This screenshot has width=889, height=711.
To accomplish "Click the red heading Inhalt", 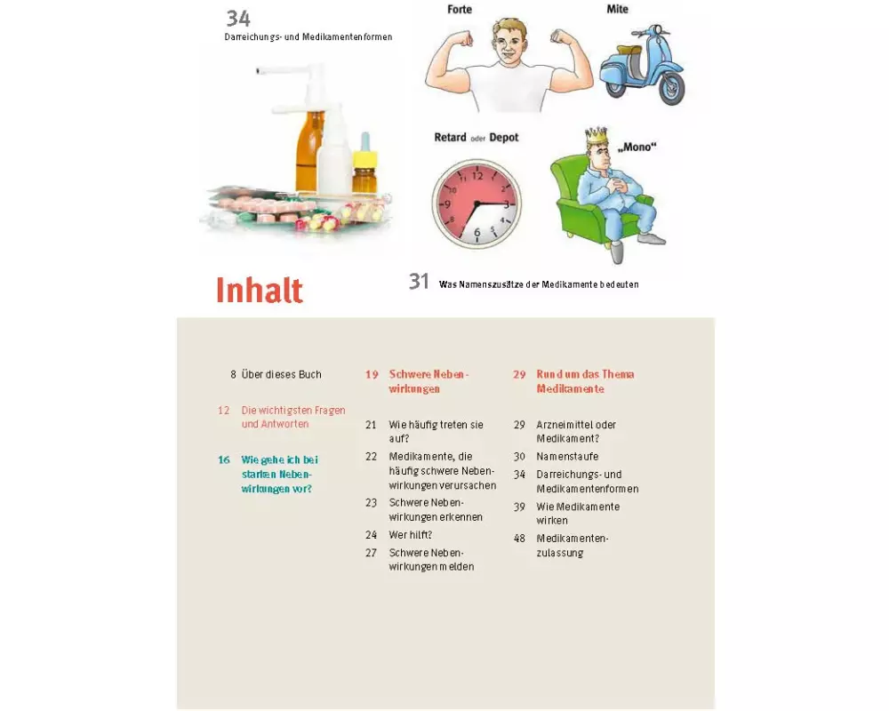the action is click(x=259, y=291).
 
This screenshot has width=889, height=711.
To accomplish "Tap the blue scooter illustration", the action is click(x=642, y=64).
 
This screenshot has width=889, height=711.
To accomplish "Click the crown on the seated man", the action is click(x=596, y=136).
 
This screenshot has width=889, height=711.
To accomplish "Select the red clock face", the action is click(x=477, y=204).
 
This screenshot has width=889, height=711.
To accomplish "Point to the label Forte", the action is click(x=460, y=9).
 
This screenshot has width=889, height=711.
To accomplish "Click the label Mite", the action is click(x=618, y=9).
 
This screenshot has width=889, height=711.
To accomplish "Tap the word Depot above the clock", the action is click(x=504, y=137).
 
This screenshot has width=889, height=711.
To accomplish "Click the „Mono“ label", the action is click(x=637, y=148).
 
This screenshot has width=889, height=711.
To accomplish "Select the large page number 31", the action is click(x=419, y=281).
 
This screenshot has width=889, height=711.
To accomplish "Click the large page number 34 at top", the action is click(x=238, y=19).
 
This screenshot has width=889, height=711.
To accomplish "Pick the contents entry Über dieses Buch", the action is click(x=281, y=374).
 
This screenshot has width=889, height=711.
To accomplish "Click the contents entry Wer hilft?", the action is click(x=411, y=535).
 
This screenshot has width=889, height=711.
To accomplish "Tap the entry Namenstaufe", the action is click(x=567, y=457).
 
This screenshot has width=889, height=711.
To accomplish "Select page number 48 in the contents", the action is click(x=519, y=539).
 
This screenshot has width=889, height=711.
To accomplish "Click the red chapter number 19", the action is click(x=372, y=375).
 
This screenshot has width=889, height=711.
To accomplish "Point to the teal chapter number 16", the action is click(x=224, y=459).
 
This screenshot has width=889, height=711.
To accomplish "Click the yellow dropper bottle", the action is click(x=364, y=164).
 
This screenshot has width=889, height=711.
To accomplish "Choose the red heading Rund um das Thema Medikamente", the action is click(x=585, y=381).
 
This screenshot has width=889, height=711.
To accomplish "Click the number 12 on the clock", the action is click(x=477, y=176).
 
